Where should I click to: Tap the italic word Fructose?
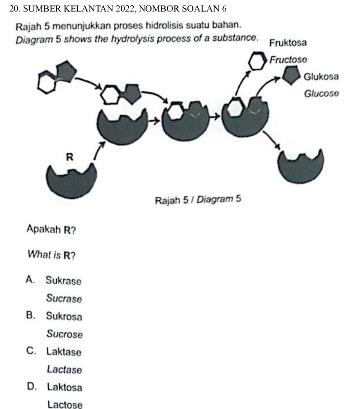(288, 60)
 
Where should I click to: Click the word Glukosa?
(321, 77)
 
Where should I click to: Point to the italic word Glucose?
(321, 93)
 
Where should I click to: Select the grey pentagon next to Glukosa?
(291, 76)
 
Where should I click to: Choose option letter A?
(29, 280)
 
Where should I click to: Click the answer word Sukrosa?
(64, 317)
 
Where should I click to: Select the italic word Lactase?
(64, 370)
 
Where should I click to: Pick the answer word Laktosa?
(64, 388)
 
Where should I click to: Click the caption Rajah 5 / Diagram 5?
(198, 199)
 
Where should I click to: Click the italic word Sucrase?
(64, 299)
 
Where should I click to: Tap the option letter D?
(30, 387)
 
